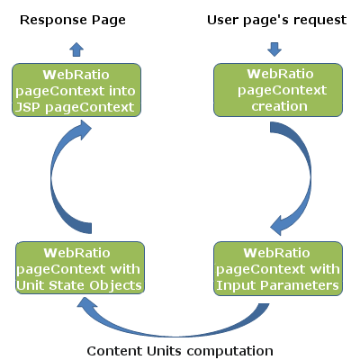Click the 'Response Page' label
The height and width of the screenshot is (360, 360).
73,21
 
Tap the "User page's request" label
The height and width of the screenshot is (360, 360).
276,21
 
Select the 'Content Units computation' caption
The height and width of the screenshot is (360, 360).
180,351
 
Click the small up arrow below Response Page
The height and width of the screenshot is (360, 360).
76,49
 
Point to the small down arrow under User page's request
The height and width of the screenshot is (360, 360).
274,49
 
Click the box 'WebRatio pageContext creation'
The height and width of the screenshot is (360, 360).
278,90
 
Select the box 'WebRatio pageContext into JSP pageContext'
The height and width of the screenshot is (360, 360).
76,90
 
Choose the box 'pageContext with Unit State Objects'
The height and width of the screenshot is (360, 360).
80,267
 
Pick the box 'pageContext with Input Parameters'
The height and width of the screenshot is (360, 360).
278,268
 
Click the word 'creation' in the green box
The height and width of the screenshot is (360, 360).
279,106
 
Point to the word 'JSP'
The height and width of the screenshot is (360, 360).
27,107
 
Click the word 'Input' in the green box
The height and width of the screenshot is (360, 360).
237,286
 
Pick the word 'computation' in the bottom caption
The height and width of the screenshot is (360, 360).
229,351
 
